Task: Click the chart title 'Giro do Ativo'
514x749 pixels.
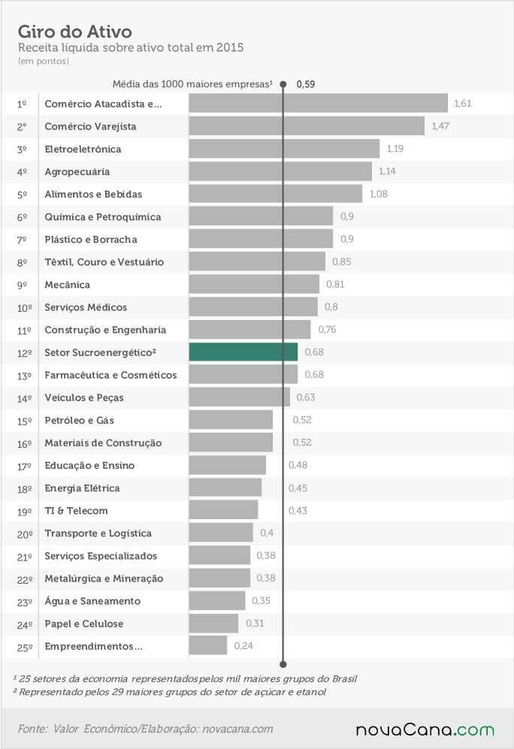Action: pos(75,32)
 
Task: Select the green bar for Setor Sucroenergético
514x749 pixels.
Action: pos(243,352)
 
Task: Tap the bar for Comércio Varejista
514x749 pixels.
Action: pos(307,126)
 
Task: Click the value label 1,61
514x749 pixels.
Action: pos(462,103)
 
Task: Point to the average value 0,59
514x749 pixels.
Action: pos(306,84)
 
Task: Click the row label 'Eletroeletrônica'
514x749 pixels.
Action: pos(83,149)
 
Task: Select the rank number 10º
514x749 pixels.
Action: pos(24,308)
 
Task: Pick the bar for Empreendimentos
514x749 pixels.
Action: pos(208,645)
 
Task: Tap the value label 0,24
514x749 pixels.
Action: pos(243,645)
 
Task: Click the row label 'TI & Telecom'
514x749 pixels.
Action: pos(77,511)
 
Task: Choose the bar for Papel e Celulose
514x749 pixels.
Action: pos(213,623)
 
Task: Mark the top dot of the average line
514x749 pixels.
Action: pos(283,84)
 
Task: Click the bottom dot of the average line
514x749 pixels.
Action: pos(283,664)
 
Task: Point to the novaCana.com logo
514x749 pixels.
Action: pos(425,729)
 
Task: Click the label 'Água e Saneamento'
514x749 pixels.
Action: pos(92,601)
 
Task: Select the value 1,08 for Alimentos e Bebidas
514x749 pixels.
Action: pos(378,194)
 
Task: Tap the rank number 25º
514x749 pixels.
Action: pos(25,648)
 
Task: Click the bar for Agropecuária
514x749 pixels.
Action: pos(280,171)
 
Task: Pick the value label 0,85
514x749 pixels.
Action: pos(342,261)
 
